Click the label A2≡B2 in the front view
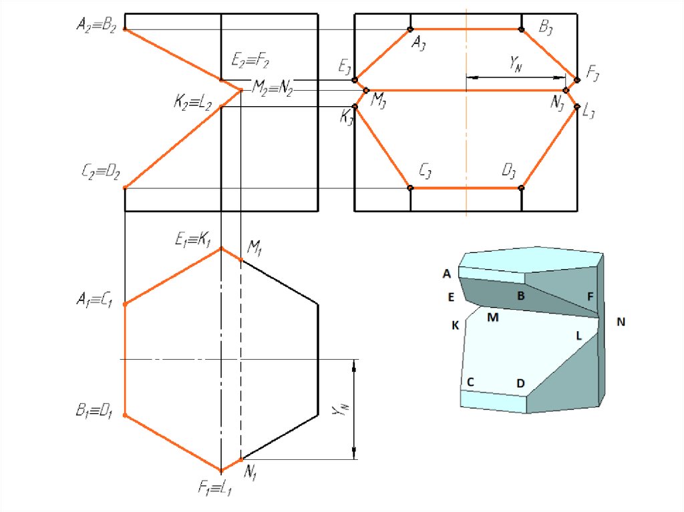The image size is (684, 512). pyautogui.click(x=96, y=25)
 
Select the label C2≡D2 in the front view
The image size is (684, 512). pyautogui.click(x=101, y=172)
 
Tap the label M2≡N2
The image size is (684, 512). pyautogui.click(x=273, y=87)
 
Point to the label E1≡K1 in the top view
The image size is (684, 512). pyautogui.click(x=193, y=239)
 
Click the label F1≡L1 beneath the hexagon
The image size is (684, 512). pyautogui.click(x=214, y=487)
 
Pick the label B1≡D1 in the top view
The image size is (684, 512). pyautogui.click(x=94, y=411)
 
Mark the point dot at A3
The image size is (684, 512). pyautogui.click(x=410, y=29)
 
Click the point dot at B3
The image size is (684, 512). pyautogui.click(x=521, y=29)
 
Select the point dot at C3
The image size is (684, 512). pyautogui.click(x=410, y=188)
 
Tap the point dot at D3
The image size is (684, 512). pyautogui.click(x=521, y=188)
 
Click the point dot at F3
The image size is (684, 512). pyautogui.click(x=577, y=80)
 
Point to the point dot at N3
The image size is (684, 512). pyautogui.click(x=566, y=91)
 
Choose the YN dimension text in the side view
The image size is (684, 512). pyautogui.click(x=515, y=63)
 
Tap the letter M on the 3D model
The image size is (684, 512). pyautogui.click(x=493, y=318)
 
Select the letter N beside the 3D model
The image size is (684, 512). pyautogui.click(x=621, y=322)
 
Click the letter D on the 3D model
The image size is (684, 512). pyautogui.click(x=520, y=383)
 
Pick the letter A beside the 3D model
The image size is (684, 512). pyautogui.click(x=447, y=274)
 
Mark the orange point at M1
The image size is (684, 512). pyautogui.click(x=240, y=260)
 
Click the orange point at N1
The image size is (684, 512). pyautogui.click(x=240, y=460)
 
